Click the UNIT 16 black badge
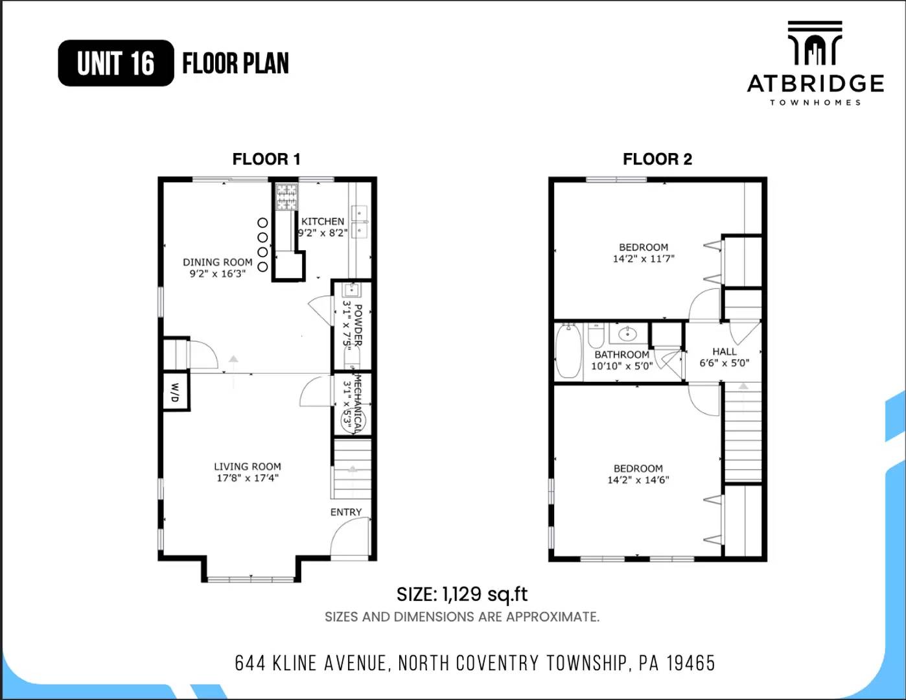point(116,63)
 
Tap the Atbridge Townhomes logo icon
point(815,43)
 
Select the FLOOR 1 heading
point(266,159)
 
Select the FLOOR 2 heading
point(657,159)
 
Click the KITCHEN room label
point(323,222)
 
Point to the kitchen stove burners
point(286,197)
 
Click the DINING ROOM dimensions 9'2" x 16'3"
point(218,274)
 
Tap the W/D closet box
point(175,391)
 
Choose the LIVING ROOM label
point(248,466)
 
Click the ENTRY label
point(346,512)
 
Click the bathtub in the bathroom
point(568,351)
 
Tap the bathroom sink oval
point(627,334)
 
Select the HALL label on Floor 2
point(724,351)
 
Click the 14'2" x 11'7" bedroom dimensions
point(644,259)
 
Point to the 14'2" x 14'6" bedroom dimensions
point(638,480)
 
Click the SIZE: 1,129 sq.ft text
point(462,594)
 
